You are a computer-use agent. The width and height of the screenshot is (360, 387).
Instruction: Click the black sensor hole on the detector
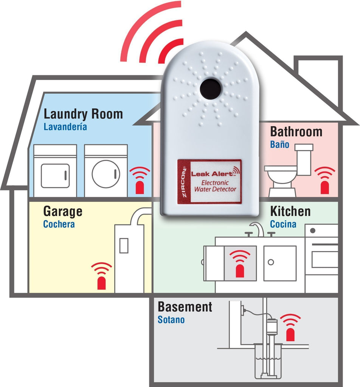click(210, 89)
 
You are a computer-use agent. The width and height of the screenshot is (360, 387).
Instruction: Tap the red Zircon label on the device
click(209, 181)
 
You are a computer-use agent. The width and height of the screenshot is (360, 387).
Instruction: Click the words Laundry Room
click(83, 114)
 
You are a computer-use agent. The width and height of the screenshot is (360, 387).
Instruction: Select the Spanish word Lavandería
click(65, 127)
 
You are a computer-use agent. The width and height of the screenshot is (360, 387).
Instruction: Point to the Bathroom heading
click(296, 132)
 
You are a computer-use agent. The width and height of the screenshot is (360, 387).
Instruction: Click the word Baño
click(279, 144)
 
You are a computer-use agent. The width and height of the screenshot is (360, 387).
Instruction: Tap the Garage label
click(62, 211)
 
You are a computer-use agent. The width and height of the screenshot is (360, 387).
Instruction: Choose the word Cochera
click(59, 224)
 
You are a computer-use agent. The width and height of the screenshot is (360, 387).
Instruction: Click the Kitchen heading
click(290, 211)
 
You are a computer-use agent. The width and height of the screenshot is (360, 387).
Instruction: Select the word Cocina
click(283, 224)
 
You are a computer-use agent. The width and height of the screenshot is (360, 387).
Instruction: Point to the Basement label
click(185, 307)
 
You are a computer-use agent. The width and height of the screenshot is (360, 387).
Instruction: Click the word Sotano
click(171, 320)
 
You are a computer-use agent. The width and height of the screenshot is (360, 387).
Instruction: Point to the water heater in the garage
click(129, 257)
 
